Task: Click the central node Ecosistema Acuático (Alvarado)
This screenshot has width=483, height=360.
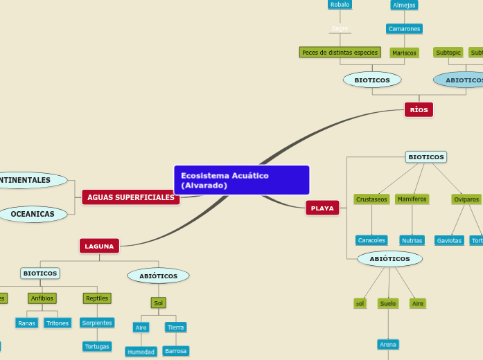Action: (x=241, y=180)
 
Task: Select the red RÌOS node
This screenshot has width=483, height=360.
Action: (x=419, y=110)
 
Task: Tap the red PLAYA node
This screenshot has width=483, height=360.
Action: (x=322, y=208)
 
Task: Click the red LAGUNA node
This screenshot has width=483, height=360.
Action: (x=99, y=246)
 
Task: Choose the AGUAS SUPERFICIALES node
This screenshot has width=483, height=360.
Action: (x=131, y=197)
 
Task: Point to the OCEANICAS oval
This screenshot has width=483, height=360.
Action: (x=33, y=214)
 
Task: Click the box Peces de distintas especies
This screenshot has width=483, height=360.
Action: (x=340, y=53)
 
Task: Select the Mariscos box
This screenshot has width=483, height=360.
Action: (x=404, y=53)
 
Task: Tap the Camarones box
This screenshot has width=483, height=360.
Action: (x=404, y=29)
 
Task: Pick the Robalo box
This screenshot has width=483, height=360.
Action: (x=340, y=5)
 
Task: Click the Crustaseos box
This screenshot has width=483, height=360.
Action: (x=371, y=199)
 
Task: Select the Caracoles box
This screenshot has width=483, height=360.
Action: (x=371, y=240)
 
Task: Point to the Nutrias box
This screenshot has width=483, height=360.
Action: (x=412, y=241)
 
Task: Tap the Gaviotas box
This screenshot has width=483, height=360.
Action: (x=449, y=241)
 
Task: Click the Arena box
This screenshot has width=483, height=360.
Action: (x=388, y=344)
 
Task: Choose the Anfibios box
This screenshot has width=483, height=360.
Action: (x=42, y=298)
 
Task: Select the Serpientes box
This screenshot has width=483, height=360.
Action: (x=96, y=323)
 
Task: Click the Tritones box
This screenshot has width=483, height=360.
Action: (x=58, y=323)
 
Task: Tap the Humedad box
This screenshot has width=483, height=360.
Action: (x=141, y=352)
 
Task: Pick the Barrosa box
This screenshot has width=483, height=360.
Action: (x=175, y=351)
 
